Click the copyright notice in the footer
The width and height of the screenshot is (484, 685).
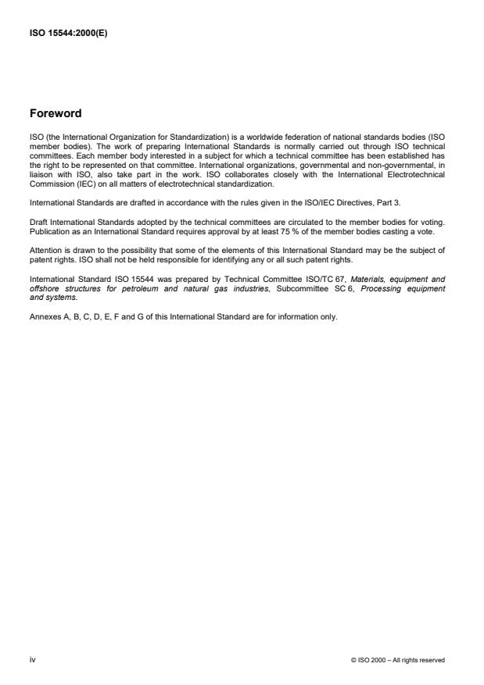pyautogui.click(x=398, y=660)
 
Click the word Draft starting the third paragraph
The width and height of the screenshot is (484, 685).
pyautogui.click(x=38, y=224)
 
